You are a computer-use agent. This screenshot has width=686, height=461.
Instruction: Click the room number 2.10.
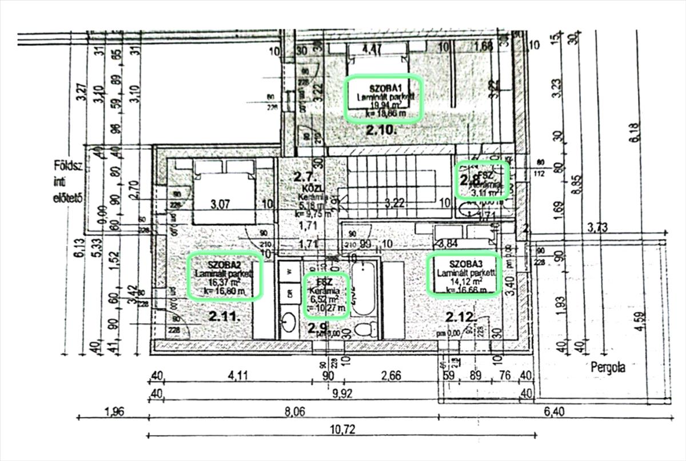point(381,131)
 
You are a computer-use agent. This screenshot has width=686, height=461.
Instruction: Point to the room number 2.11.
point(222,316)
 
